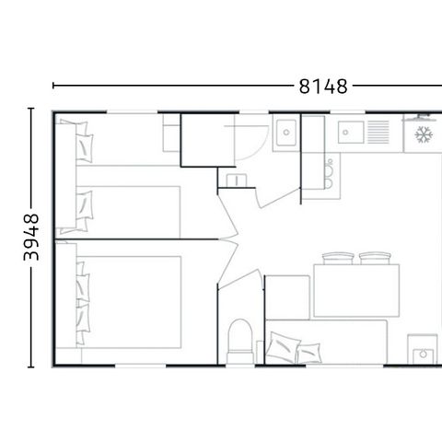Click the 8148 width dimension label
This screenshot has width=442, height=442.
click(x=322, y=87)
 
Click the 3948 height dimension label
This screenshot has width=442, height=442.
click(x=30, y=238)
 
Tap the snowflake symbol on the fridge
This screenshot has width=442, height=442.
click(x=424, y=136)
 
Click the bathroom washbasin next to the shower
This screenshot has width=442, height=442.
click(x=286, y=132)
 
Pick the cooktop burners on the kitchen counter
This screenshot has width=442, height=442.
click(x=327, y=170)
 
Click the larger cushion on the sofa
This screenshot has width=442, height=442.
click(x=283, y=347)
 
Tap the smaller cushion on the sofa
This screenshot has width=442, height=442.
click(x=309, y=352)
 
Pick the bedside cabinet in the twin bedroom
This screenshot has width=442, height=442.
click(x=170, y=133)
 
